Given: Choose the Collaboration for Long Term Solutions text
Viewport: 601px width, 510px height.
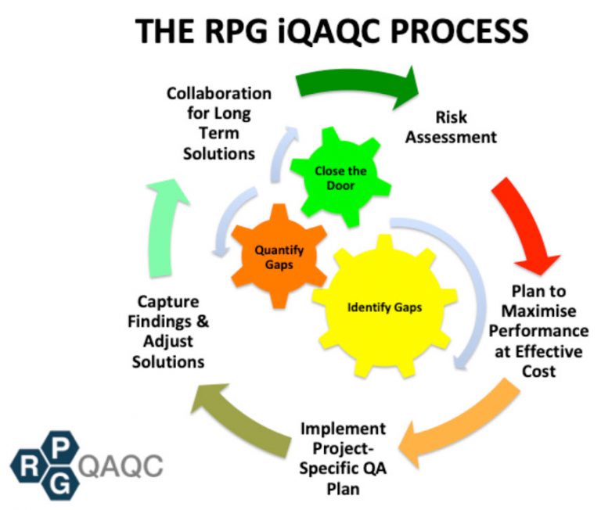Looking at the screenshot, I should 219,123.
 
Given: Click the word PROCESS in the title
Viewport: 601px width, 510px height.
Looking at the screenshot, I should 455,31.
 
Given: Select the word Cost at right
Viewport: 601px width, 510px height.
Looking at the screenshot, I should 540,370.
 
